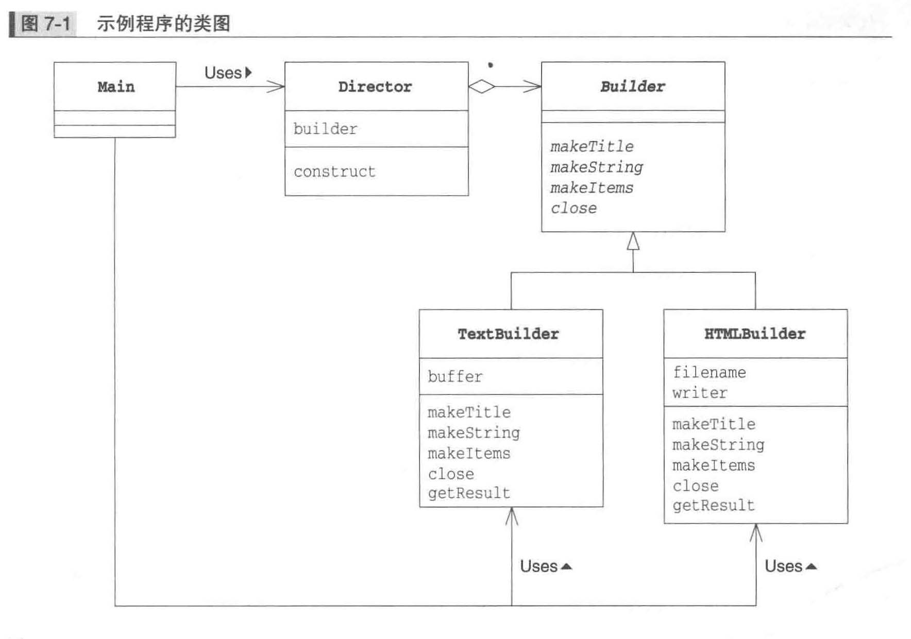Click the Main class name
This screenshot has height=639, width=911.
pos(116,87)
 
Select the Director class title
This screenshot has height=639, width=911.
pos(375,87)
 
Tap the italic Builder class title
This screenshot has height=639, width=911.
pos(633,87)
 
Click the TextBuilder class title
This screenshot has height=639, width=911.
pos(509,334)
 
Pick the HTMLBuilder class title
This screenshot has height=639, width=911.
pos(755,334)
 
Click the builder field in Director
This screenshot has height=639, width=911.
pos(325,129)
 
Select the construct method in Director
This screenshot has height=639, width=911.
pos(334,171)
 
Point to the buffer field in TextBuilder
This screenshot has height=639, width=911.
pos(455,376)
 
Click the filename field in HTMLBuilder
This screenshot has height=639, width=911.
pos(709,372)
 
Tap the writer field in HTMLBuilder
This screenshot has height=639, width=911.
pos(700,393)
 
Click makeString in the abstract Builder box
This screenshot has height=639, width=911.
pos(597,167)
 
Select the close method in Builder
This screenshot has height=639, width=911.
pos(573,209)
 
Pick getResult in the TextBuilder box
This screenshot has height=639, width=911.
pos(469,493)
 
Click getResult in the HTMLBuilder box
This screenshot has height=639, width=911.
pos(714,506)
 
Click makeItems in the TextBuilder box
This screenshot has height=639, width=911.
pos(469,454)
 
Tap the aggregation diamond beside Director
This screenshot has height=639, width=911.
pos(482,87)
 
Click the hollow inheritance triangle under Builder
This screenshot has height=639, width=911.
pos(633,241)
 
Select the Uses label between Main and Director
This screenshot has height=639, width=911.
pos(224,73)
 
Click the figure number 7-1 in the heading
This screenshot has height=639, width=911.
pos(57,24)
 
